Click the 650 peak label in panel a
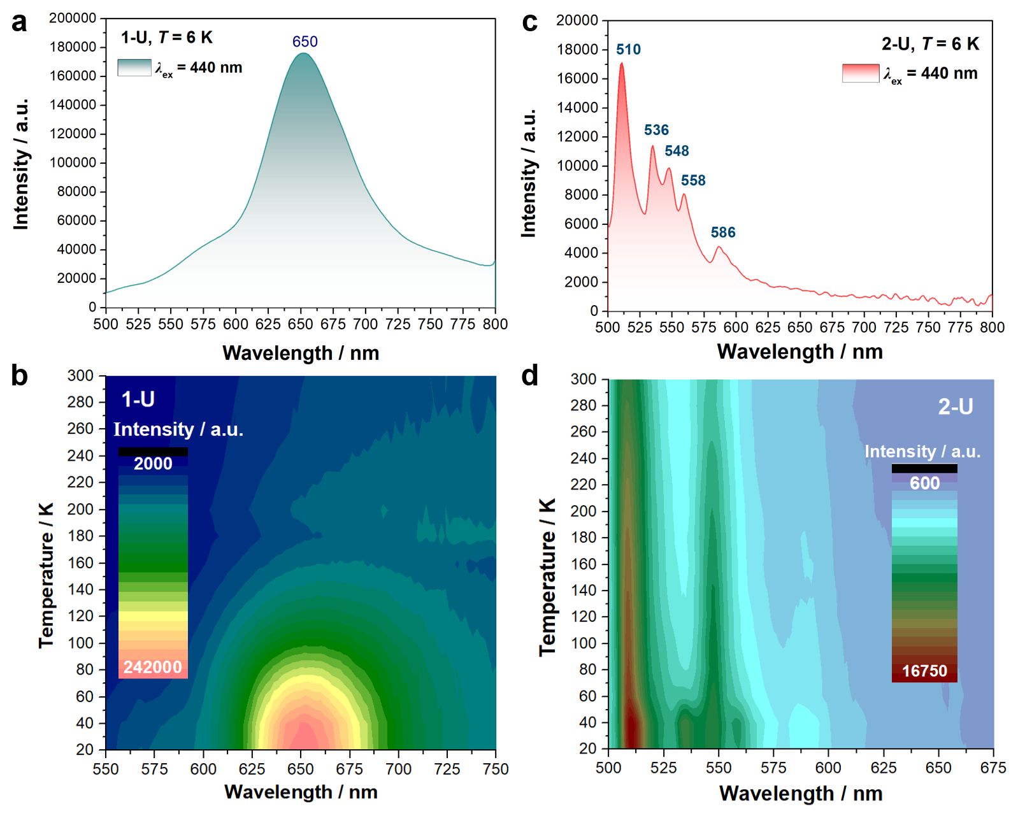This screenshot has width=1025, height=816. [305, 42]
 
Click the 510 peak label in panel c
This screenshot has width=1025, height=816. [628, 50]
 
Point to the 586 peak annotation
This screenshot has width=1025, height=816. [723, 233]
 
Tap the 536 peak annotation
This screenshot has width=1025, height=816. [656, 131]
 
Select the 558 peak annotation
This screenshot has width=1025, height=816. [693, 181]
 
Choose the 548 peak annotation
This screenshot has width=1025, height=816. [677, 151]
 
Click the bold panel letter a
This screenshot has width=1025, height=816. [20, 22]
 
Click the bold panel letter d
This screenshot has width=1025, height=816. [530, 376]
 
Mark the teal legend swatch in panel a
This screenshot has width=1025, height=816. [134, 68]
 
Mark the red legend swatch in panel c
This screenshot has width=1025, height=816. [860, 73]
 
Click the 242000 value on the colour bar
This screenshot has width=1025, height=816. [153, 667]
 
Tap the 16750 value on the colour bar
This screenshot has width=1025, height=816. [924, 671]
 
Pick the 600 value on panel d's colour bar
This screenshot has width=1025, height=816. [924, 483]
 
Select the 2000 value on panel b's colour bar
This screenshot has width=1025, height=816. [153, 464]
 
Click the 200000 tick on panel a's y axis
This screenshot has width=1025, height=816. [73, 18]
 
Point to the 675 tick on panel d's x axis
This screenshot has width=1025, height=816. [993, 768]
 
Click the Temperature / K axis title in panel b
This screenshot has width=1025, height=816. [46, 575]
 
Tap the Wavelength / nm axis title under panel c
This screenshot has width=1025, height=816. [799, 352]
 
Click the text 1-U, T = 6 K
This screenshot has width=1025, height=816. [167, 38]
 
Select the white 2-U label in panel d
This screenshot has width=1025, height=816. [955, 406]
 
